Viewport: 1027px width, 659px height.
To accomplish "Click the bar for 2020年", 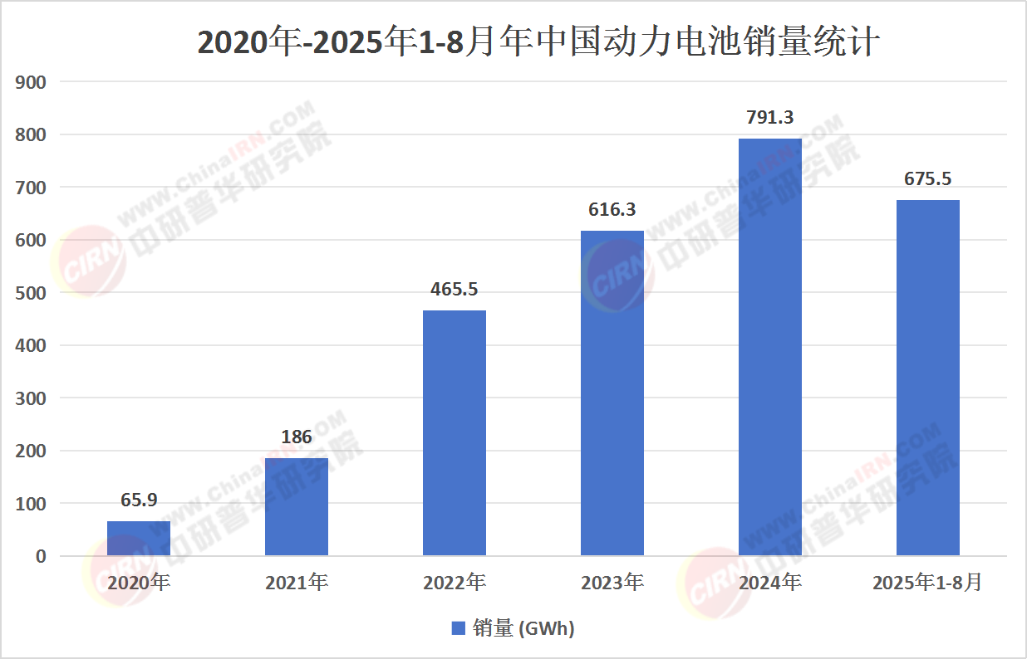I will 139,538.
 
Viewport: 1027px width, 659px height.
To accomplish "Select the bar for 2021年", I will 297,506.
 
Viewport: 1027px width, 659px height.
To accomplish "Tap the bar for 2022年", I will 455,432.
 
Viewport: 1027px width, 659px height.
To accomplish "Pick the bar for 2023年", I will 612,393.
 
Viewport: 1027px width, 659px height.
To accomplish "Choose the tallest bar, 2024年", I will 770,347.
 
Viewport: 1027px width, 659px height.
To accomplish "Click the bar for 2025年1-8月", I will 928,378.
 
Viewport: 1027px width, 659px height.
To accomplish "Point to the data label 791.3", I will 770,118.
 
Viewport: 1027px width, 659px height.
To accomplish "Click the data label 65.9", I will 139,500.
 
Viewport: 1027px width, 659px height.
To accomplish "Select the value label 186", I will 297,437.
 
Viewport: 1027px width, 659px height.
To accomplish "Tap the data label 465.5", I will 455,290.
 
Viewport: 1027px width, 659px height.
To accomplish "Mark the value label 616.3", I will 612,210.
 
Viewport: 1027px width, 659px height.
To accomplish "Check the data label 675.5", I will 928,178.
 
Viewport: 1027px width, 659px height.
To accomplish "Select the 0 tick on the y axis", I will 40,556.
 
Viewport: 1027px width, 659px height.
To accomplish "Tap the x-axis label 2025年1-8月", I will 927,583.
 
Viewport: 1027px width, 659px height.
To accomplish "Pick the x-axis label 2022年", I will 455,583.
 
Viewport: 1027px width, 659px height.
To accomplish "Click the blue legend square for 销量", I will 458,628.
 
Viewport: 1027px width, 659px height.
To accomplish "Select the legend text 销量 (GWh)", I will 523,628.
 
